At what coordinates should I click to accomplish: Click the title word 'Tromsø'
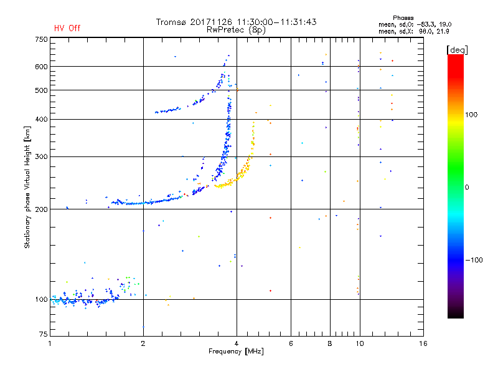pos(171,22)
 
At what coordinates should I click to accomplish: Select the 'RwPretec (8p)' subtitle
pos(237,29)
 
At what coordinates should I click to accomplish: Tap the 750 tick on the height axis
pos(41,39)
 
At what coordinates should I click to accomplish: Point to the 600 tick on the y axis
pos(41,66)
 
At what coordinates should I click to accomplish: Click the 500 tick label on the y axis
pos(41,90)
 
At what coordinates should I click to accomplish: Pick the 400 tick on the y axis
pos(41,119)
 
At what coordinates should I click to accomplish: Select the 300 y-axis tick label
pos(41,156)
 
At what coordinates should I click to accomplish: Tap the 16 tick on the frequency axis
pos(423,343)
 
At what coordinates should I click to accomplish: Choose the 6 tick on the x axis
pos(291,343)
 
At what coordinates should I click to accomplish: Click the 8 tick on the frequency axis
pos(330,343)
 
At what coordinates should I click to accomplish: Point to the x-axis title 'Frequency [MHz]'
pos(237,352)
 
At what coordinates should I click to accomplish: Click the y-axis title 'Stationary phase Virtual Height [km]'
pos(27,187)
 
